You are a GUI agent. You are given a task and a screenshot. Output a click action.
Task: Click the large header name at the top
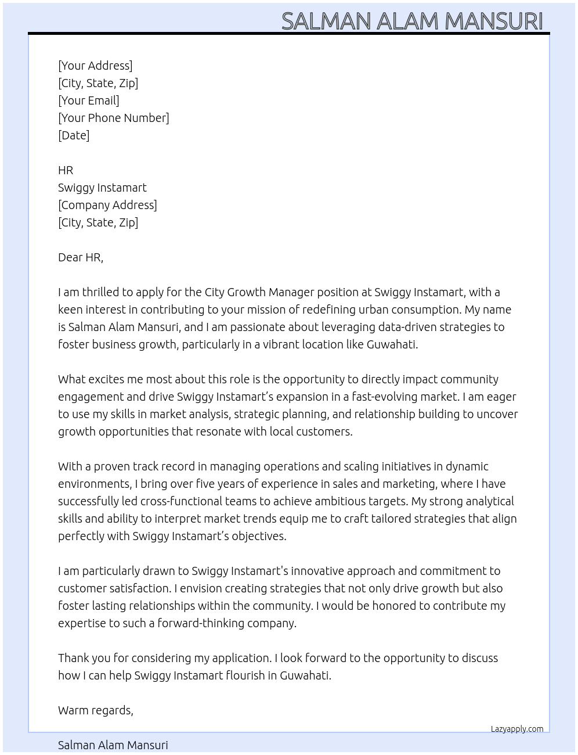click(412, 21)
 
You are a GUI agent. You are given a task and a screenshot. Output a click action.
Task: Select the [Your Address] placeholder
click(95, 66)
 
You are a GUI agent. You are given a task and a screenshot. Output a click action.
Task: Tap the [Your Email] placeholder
click(89, 100)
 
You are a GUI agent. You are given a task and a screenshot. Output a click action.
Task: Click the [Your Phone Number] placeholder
click(114, 118)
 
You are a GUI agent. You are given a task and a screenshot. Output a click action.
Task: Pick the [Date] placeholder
click(74, 135)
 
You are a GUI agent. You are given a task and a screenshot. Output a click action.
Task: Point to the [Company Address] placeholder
click(107, 205)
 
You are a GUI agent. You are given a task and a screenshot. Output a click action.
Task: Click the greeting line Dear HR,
click(81, 257)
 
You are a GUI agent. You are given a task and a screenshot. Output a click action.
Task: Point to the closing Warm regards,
click(96, 710)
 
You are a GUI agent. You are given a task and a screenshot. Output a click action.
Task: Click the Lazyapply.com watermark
click(517, 729)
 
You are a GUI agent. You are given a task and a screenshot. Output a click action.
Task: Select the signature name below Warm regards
click(113, 745)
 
